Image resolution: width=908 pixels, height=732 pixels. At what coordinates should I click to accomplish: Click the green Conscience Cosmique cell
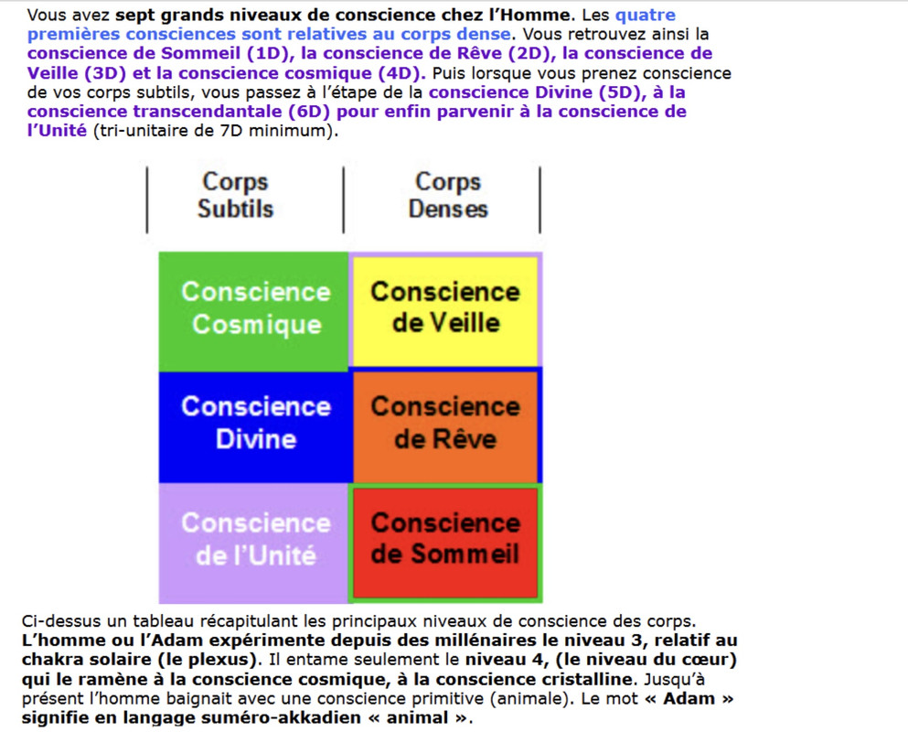coord(254,309)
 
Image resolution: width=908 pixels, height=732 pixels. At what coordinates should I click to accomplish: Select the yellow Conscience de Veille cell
coord(445,308)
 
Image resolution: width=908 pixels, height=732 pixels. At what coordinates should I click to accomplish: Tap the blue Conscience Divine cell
coord(255,423)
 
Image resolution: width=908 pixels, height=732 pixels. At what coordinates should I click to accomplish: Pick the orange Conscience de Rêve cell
coord(445,423)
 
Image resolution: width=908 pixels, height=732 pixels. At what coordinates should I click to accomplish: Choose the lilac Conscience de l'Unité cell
coord(255,540)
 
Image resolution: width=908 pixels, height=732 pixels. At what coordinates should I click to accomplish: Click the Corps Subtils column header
coord(235,195)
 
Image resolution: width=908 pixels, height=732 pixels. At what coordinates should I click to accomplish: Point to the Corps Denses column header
coord(447,195)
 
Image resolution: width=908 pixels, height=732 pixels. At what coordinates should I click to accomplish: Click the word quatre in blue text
coord(646,16)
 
